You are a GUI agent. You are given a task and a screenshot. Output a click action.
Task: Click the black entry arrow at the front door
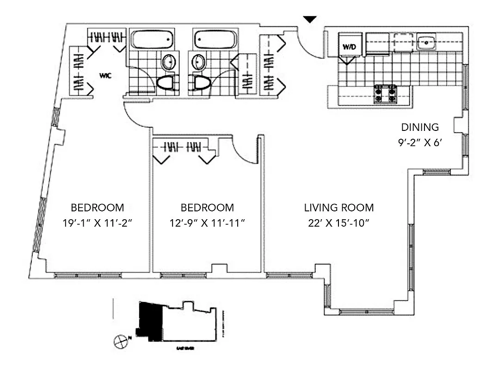[x=310, y=19]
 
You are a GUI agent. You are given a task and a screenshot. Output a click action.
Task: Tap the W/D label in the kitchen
[x=348, y=47]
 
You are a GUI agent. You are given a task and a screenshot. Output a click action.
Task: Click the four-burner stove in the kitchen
[x=386, y=94]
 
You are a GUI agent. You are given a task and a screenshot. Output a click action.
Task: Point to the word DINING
[x=419, y=127]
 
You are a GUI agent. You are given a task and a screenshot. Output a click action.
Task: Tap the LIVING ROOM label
[x=339, y=208]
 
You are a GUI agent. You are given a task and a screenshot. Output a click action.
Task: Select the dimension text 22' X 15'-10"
[x=339, y=223]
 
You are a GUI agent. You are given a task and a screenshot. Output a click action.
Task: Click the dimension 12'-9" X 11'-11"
[x=207, y=223]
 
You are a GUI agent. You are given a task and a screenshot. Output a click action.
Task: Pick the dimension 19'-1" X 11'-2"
[x=98, y=223]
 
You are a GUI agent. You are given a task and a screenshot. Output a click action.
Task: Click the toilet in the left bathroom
[x=165, y=83]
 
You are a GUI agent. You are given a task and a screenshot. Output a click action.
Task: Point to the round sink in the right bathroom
[x=198, y=62]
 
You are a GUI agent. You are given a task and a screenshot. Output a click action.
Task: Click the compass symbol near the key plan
[x=120, y=341]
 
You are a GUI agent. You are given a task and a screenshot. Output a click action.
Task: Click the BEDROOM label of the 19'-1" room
[x=98, y=208]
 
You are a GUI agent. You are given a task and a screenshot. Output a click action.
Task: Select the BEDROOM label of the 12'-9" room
[x=207, y=208]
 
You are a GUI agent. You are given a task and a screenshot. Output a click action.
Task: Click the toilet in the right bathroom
[x=202, y=83]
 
